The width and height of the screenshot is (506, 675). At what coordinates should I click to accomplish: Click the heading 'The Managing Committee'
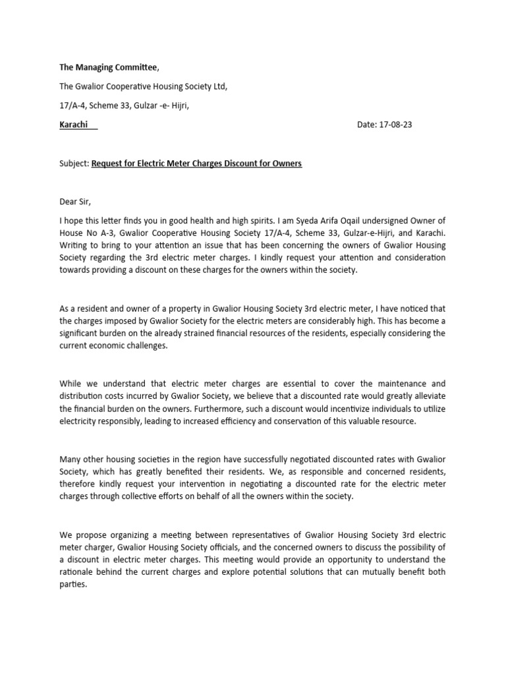tap(109, 67)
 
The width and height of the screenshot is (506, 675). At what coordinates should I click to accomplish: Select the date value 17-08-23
tap(393, 125)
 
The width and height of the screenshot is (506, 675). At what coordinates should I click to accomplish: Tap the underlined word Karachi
tap(74, 125)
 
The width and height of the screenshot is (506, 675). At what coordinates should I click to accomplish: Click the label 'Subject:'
tap(74, 163)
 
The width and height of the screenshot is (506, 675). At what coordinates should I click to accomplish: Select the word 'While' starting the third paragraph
tap(72, 384)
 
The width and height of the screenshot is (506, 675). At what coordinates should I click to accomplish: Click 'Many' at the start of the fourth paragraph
tap(71, 459)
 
